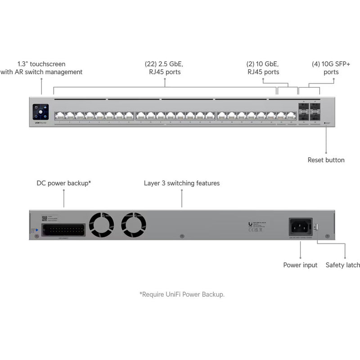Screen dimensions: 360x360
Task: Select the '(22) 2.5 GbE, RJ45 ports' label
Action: coord(164,68)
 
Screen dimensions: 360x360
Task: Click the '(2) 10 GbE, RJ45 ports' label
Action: coord(263,68)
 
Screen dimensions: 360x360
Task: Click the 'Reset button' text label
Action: coord(326,160)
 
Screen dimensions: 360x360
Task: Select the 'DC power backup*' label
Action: coord(64,184)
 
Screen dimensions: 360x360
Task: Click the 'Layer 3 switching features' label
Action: coord(182,184)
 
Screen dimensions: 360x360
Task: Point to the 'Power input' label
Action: coord(300,265)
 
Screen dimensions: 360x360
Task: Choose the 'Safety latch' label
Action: coord(343,265)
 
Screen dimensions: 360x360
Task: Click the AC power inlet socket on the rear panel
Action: coord(300,226)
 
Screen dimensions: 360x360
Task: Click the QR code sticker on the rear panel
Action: coord(45,219)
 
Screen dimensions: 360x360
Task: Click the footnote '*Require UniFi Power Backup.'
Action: coord(182,294)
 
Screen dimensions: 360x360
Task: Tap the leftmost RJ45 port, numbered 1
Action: coord(59,116)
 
